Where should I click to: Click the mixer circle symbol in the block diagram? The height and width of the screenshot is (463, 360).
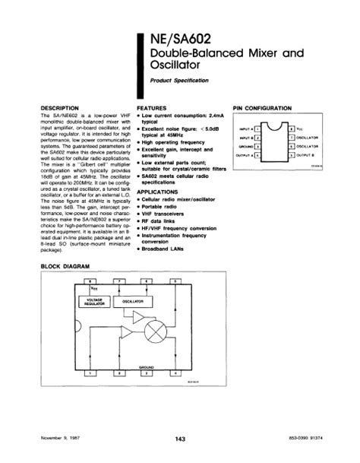pos(157,333)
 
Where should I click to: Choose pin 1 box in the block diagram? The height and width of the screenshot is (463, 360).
pos(91,374)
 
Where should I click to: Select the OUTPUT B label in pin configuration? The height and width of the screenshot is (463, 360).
pos(306,155)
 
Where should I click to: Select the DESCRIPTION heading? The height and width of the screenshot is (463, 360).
pos(58,109)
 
